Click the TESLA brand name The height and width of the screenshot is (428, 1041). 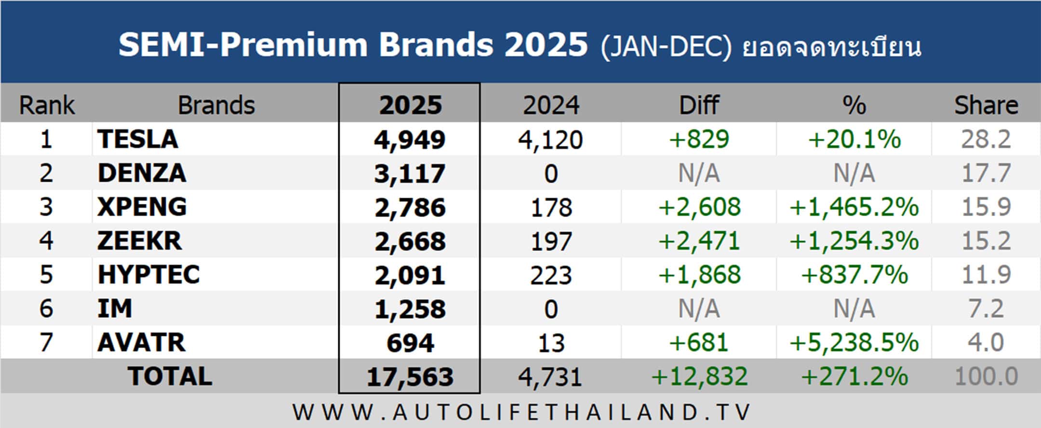click(138, 139)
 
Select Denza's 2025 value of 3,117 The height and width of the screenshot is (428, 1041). click(410, 174)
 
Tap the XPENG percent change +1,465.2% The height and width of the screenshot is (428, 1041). click(854, 207)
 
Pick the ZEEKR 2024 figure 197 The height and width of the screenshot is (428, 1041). click(551, 241)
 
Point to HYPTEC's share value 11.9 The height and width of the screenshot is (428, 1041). click(986, 275)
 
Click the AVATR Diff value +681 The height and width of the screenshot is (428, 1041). click(698, 343)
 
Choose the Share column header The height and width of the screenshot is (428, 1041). click(986, 105)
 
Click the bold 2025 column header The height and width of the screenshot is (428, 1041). click(410, 105)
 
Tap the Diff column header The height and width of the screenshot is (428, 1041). click(699, 105)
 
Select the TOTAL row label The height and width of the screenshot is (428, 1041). click(170, 376)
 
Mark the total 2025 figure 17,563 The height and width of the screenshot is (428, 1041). click(410, 377)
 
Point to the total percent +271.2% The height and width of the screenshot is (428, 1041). click(854, 376)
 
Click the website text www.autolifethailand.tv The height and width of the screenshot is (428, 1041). click(521, 413)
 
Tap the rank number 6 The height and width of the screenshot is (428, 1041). click(46, 308)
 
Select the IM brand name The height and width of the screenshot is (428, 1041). click(115, 308)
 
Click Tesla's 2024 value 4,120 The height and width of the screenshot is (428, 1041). click(550, 140)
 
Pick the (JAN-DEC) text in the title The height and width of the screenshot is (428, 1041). click(666, 47)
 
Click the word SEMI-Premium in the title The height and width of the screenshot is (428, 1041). click(243, 45)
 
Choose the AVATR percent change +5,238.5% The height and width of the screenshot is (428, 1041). click(854, 343)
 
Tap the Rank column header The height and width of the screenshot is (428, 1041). click(47, 105)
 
